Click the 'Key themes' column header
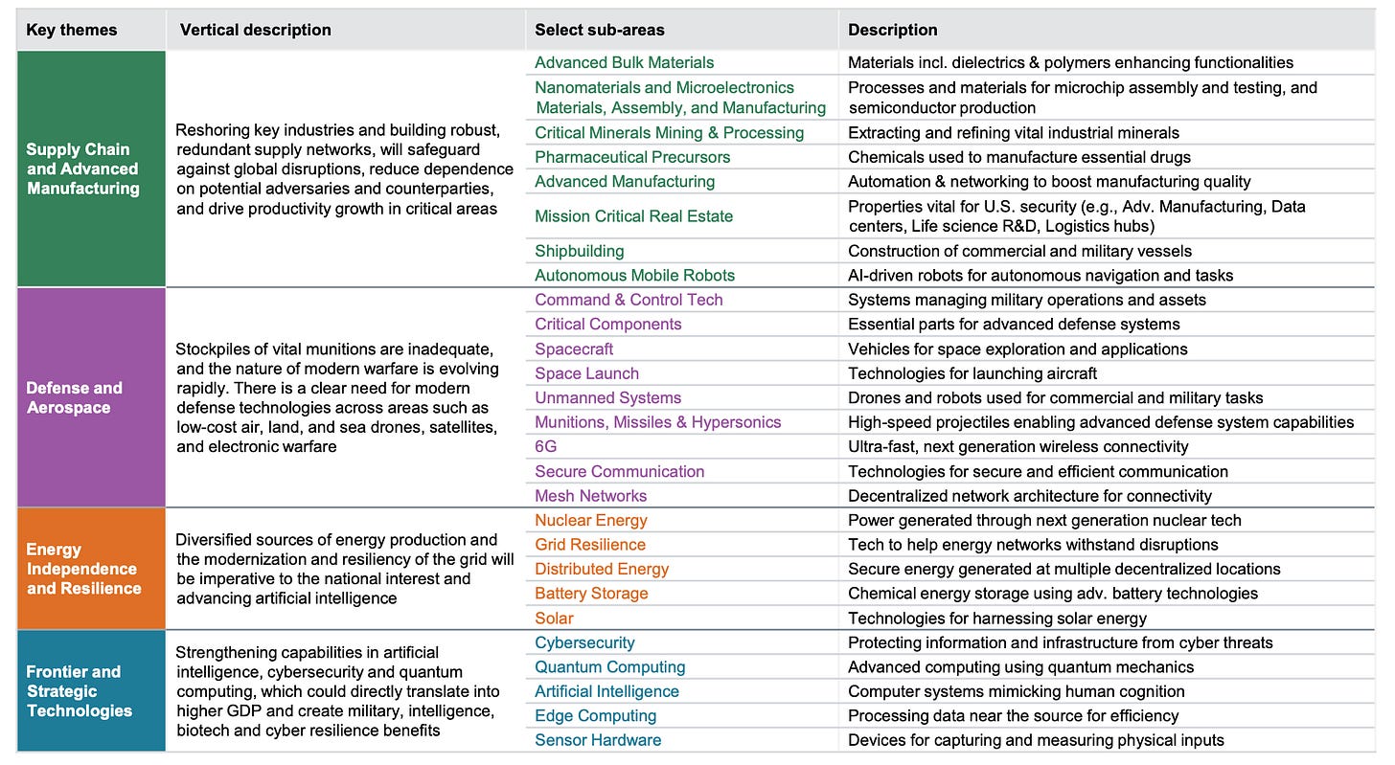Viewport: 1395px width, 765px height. click(72, 30)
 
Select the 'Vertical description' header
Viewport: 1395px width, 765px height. click(255, 30)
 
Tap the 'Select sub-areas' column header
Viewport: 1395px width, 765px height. click(599, 30)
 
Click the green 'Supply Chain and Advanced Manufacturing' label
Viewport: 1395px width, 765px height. click(82, 169)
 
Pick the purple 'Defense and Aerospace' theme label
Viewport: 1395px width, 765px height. click(75, 397)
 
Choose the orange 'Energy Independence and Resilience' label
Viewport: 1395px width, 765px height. click(83, 569)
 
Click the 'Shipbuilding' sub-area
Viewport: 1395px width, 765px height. click(579, 251)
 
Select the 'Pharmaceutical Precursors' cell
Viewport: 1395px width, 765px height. click(632, 157)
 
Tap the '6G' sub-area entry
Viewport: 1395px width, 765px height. click(545, 446)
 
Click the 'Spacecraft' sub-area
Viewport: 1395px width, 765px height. click(574, 349)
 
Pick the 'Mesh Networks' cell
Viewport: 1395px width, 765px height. click(590, 496)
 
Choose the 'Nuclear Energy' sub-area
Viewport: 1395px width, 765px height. click(591, 520)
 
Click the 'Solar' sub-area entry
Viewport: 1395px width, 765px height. click(554, 618)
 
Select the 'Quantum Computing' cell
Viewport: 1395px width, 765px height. click(610, 666)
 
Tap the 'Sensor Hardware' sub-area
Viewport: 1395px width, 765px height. click(598, 739)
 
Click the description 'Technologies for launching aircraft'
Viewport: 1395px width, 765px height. click(972, 373)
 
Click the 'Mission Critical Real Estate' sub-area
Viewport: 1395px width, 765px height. click(633, 216)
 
